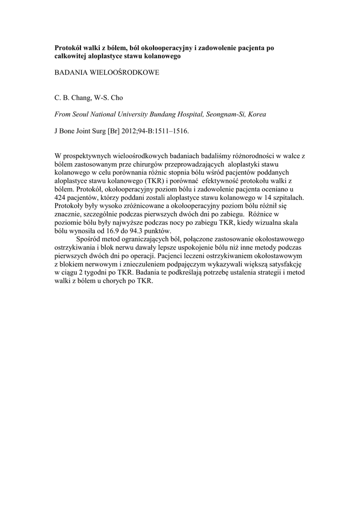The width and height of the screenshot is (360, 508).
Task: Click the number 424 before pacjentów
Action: (60, 196)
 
